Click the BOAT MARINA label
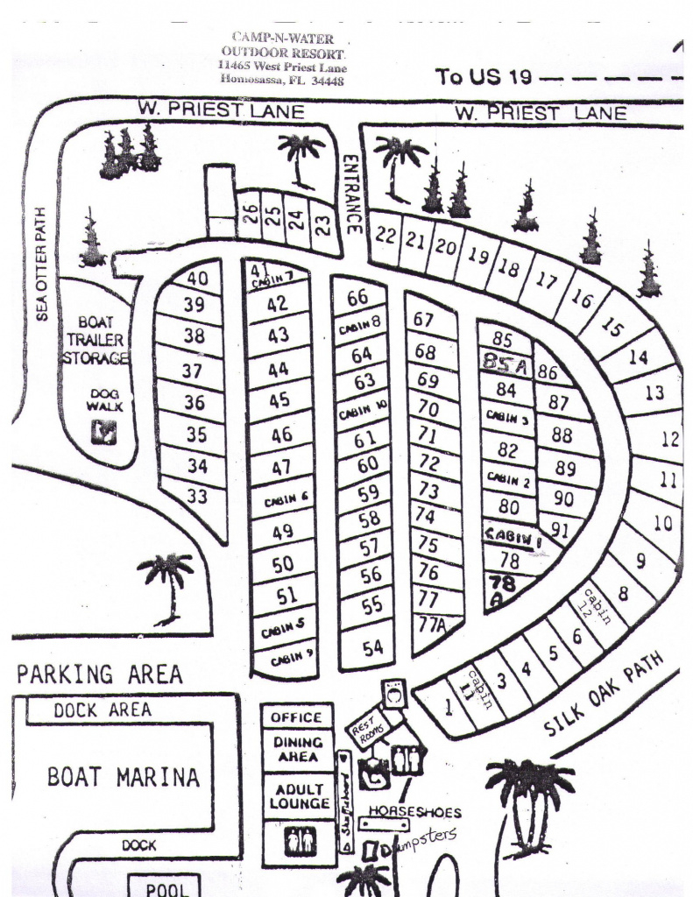pyautogui.click(x=123, y=777)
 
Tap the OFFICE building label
pyautogui.click(x=296, y=717)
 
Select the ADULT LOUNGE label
pyautogui.click(x=298, y=796)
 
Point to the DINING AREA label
pyautogui.click(x=298, y=750)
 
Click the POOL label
pyautogui.click(x=166, y=888)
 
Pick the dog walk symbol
pyautogui.click(x=105, y=432)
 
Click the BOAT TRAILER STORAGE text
pyautogui.click(x=95, y=340)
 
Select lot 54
pyautogui.click(x=373, y=648)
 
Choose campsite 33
pyautogui.click(x=197, y=497)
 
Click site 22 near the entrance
pyautogui.click(x=386, y=235)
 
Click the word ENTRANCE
pyautogui.click(x=352, y=194)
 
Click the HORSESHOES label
pyautogui.click(x=414, y=812)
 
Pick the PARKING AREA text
pyautogui.click(x=100, y=675)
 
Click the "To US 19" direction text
pyautogui.click(x=484, y=77)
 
